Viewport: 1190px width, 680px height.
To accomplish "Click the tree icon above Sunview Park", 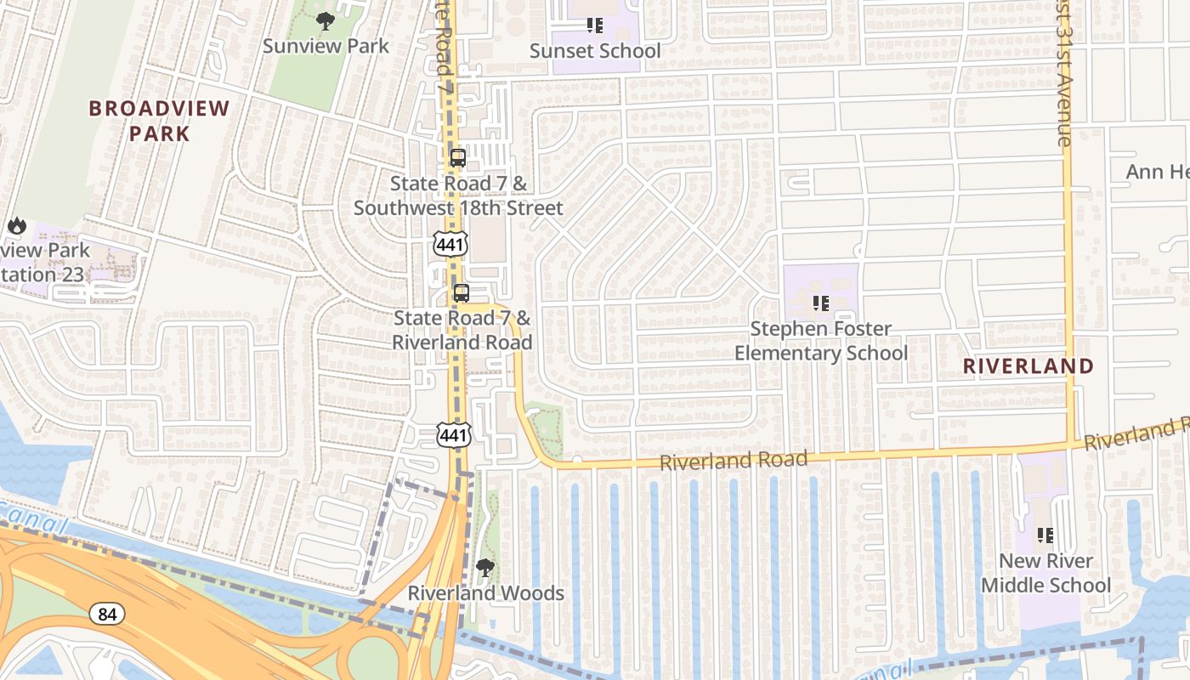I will click(324, 21).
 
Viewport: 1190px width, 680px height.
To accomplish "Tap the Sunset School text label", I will click(594, 51).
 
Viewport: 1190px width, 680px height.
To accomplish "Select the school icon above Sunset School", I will click(595, 25).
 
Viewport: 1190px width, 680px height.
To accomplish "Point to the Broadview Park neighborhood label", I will click(160, 121).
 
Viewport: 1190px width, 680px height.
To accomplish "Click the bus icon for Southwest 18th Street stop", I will click(458, 158).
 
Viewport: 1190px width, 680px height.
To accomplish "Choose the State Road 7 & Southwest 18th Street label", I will click(458, 195).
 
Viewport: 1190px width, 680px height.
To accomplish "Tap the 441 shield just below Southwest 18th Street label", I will click(449, 243).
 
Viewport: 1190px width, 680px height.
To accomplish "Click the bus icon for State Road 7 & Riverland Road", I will click(461, 293).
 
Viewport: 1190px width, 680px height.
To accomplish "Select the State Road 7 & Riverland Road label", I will click(462, 330).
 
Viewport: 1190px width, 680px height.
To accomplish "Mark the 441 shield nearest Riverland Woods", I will click(454, 435).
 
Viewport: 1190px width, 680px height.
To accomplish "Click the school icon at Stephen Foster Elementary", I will click(820, 303).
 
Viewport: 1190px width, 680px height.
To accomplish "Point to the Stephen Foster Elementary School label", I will click(821, 341).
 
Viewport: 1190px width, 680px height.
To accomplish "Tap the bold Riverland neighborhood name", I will click(1028, 366).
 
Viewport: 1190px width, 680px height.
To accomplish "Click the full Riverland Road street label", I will click(734, 461).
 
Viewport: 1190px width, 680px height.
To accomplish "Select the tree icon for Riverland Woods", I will click(485, 567).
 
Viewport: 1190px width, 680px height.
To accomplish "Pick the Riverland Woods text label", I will click(485, 593).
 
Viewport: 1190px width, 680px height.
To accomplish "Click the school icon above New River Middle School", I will click(1045, 535).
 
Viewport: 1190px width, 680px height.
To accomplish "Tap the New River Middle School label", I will click(1045, 574).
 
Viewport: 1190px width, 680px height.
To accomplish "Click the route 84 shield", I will click(107, 614).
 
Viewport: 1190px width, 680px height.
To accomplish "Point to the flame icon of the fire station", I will click(16, 226).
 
